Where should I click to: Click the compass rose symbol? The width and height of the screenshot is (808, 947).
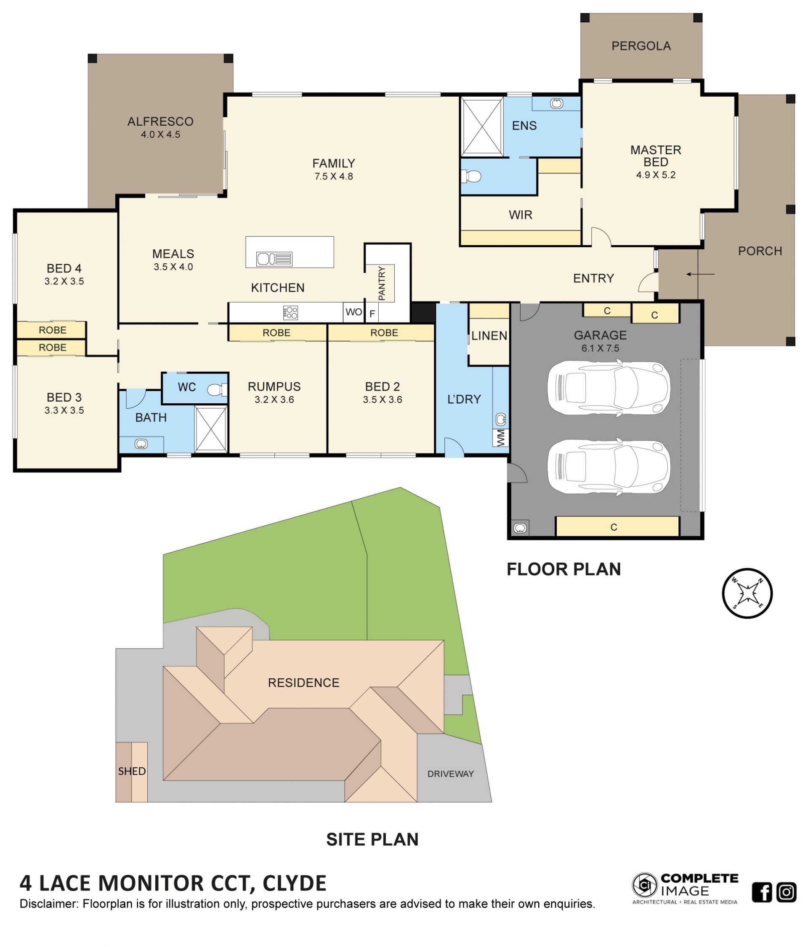[747, 593]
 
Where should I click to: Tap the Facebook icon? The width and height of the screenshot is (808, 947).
[762, 892]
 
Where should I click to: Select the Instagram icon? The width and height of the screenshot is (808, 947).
[787, 892]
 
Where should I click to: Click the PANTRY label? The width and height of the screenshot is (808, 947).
[382, 283]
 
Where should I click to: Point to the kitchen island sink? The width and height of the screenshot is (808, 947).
[274, 259]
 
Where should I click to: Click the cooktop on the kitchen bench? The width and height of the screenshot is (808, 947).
[290, 312]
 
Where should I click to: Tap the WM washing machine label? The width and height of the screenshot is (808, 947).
[501, 437]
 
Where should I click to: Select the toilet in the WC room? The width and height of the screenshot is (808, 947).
[218, 390]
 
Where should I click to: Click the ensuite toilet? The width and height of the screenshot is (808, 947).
[471, 176]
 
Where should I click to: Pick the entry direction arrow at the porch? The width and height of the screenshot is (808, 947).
[700, 274]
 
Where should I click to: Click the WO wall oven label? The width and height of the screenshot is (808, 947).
[353, 312]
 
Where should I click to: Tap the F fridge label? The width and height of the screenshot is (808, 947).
[372, 314]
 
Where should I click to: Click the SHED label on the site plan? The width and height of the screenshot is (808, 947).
[132, 771]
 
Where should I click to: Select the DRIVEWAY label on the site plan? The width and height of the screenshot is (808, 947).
[450, 774]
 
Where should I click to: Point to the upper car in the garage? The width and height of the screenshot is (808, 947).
[609, 388]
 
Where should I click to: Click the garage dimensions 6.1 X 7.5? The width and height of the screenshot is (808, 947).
[600, 348]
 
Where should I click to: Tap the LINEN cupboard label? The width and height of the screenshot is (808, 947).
[489, 336]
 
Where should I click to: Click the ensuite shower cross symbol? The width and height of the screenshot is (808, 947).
[481, 126]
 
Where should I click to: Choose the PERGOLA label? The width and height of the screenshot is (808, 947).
[641, 46]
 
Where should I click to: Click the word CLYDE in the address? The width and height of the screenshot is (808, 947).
[295, 884]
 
